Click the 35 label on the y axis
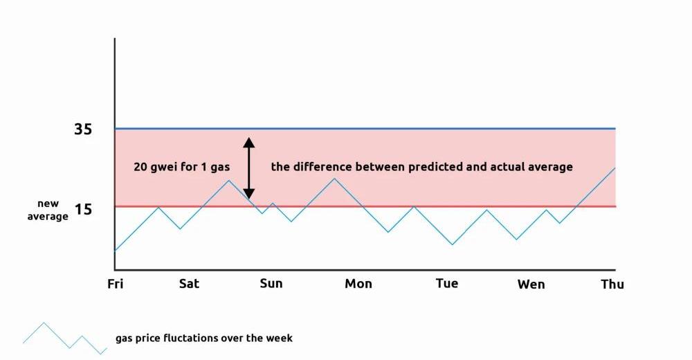pos(83,129)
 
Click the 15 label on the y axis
pos(83,208)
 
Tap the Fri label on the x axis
pos(115,283)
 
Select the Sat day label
pos(189,283)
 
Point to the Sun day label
pos(271,283)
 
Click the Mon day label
pos(358,283)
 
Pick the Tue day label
pos(447,283)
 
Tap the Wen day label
pos(531,284)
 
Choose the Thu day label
pos(612,284)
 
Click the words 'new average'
pos(48,210)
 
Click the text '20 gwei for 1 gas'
pos(181,167)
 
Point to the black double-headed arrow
pos(249,168)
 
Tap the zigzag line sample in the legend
pos(64,337)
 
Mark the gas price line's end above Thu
pos(614,168)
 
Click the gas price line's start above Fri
pos(116,250)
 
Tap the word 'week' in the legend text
pos(280,338)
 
